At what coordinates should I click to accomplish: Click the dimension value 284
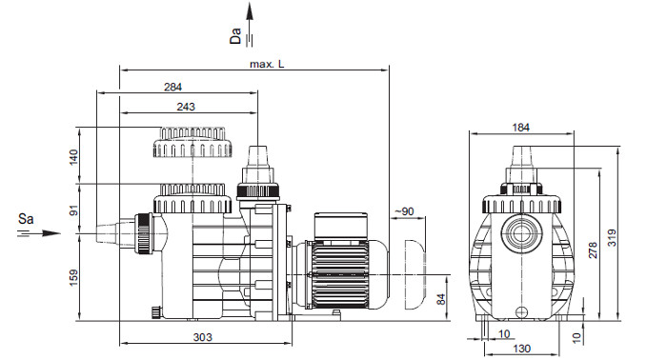click(172, 87)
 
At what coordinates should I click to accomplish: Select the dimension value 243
click(186, 107)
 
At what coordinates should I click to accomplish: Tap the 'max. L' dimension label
click(267, 64)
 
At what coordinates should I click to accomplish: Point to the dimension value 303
click(202, 337)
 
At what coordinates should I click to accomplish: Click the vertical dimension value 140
click(74, 157)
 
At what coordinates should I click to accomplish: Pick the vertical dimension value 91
click(74, 210)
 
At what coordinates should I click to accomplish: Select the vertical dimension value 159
click(74, 277)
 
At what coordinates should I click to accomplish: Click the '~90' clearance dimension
click(404, 211)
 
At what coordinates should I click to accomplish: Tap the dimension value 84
click(441, 299)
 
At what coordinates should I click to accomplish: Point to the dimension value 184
click(520, 127)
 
